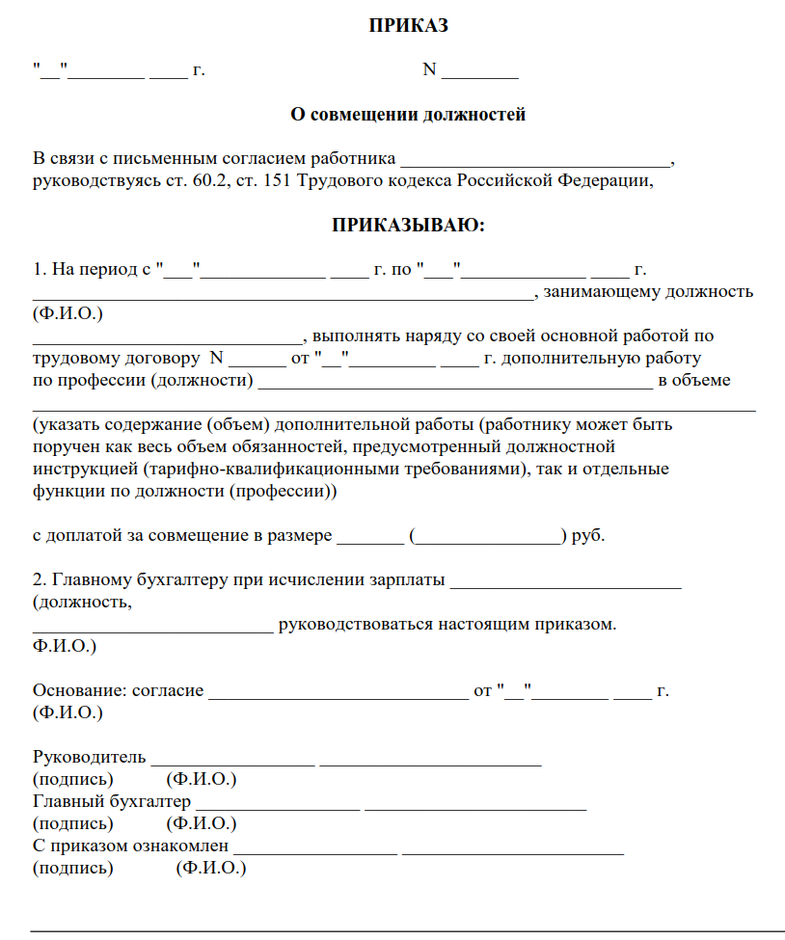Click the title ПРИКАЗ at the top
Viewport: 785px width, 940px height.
pyautogui.click(x=408, y=26)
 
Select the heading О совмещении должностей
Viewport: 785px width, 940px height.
pyautogui.click(x=408, y=115)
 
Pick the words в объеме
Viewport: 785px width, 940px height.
pyautogui.click(x=694, y=380)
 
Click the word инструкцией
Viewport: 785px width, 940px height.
pyautogui.click(x=83, y=470)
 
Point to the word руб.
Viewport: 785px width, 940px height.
pyautogui.click(x=588, y=536)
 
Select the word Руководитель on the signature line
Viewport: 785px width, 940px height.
pyautogui.click(x=89, y=756)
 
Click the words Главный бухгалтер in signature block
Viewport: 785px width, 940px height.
pyautogui.click(x=111, y=801)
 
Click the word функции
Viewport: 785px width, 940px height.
pyautogui.click(x=64, y=491)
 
